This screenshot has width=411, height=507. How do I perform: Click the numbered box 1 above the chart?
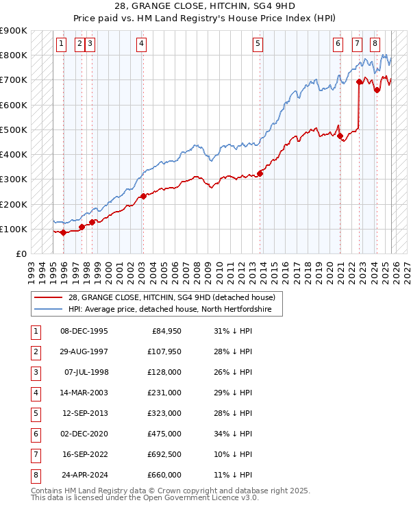click(61, 44)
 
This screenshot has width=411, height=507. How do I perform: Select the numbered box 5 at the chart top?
click(258, 44)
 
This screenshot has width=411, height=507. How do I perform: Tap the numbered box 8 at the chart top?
click(375, 44)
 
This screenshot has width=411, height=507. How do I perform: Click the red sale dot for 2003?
click(143, 197)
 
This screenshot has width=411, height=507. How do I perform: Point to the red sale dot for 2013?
click(260, 173)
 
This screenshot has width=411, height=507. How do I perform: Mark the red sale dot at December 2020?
click(340, 136)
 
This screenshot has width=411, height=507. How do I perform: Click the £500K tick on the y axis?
click(13, 129)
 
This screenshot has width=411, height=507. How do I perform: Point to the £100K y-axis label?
click(13, 229)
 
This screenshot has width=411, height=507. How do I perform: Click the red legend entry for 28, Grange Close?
click(171, 297)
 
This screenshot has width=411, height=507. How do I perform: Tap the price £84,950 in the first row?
click(164, 332)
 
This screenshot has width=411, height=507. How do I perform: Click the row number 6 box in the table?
click(34, 432)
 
